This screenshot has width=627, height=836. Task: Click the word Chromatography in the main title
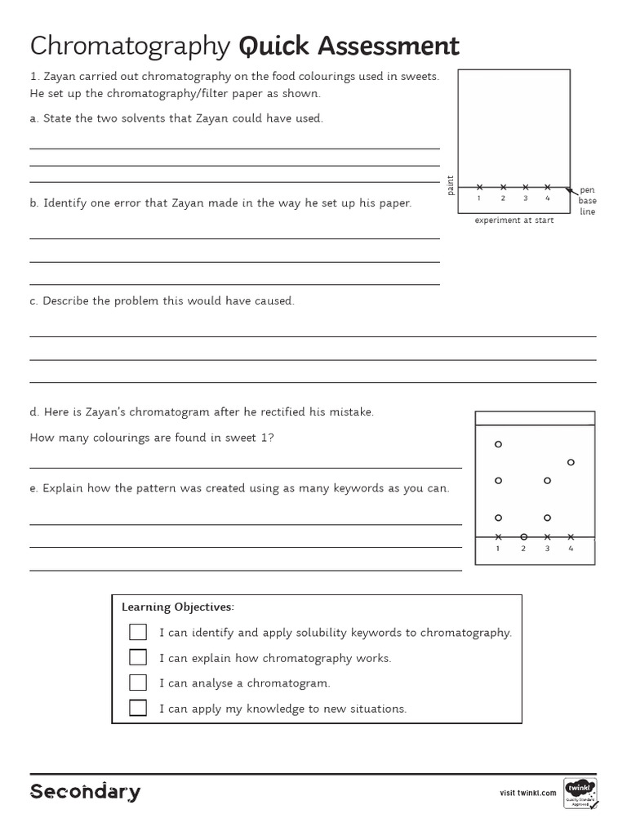coord(131,47)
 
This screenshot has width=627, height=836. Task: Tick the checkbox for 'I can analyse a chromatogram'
coord(138,683)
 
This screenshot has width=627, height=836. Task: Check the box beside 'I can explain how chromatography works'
coord(138,657)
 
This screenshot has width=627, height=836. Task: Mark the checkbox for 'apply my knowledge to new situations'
coord(138,708)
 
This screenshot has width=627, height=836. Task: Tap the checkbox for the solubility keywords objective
coord(138,632)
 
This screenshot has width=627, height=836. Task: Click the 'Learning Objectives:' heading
coord(177,607)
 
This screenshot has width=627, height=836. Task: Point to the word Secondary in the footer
coord(85,791)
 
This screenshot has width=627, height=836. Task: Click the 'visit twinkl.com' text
coord(527,793)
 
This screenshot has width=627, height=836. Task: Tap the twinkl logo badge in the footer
coord(580,791)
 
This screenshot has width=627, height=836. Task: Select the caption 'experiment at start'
coord(514,220)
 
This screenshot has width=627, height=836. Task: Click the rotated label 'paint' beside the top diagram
coord(450,185)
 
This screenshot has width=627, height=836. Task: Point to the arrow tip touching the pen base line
coord(566,188)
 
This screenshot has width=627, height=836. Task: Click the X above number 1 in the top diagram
coord(480,187)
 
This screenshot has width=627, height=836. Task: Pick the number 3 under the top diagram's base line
coord(525,198)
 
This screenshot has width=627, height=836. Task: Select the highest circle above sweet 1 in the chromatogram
coord(498,444)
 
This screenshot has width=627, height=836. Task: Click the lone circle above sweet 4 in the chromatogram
coord(571,462)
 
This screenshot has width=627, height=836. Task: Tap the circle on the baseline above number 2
coord(523,537)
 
